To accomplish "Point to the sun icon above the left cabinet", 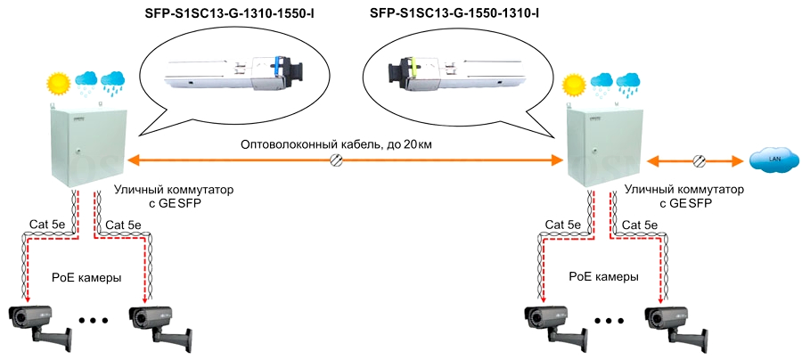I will click(x=59, y=84).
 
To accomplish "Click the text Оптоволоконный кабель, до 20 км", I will click(x=340, y=143).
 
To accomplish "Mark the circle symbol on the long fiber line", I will click(x=339, y=160).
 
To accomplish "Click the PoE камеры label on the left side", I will click(x=87, y=277).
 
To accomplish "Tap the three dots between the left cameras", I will click(x=94, y=320).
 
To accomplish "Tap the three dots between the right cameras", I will click(x=610, y=320).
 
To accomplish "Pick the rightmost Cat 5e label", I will click(x=640, y=225).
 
